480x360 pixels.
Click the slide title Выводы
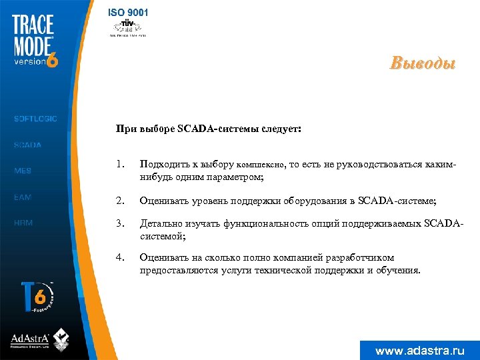[x=423, y=65]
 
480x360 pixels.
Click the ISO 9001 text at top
[x=129, y=12]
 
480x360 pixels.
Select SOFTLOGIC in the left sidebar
[x=35, y=119]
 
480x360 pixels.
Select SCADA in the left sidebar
[x=28, y=145]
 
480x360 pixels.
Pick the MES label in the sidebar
[x=23, y=171]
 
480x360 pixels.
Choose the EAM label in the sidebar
[x=23, y=197]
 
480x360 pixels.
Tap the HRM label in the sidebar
[x=23, y=223]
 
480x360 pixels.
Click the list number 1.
[x=119, y=164]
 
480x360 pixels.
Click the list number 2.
[x=119, y=199]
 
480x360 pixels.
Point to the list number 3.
[x=119, y=223]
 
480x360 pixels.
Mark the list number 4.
[x=119, y=257]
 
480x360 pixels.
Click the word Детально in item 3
[x=160, y=223]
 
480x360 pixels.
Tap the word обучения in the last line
[x=397, y=270]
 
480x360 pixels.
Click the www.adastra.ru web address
[x=419, y=351]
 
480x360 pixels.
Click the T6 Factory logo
[x=38, y=296]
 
